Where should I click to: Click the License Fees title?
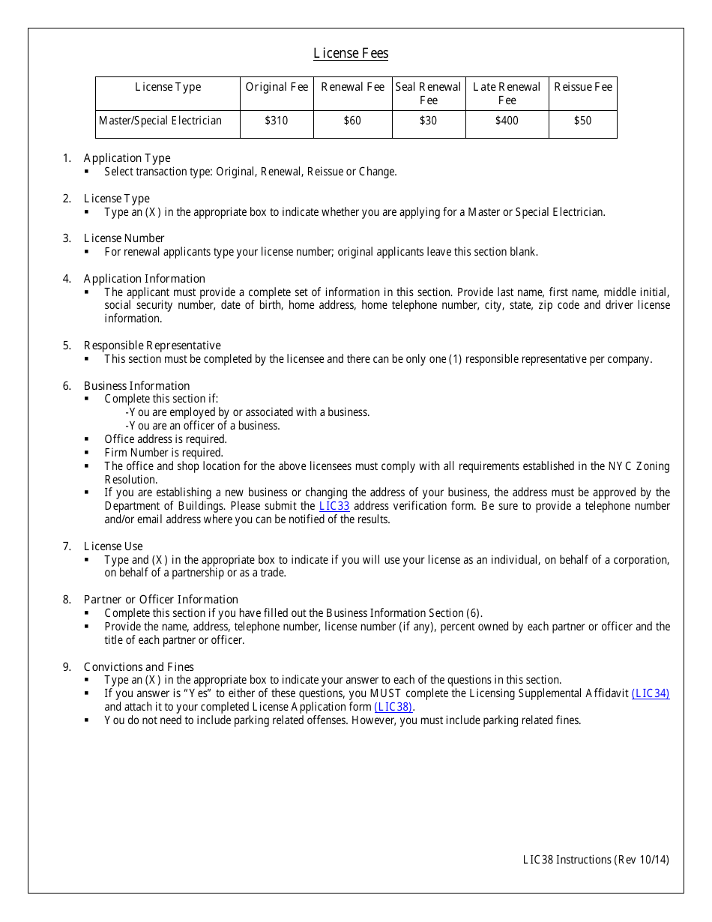[x=351, y=53]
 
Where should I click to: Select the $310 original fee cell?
[x=277, y=121]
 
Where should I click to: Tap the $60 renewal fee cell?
[x=352, y=121]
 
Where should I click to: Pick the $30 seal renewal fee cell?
[x=428, y=121]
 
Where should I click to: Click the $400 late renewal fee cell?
[x=507, y=121]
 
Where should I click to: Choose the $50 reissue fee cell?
[x=582, y=121]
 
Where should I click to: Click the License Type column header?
[x=168, y=87]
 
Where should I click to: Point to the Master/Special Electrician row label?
[x=160, y=121]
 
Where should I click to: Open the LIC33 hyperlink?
[x=334, y=506]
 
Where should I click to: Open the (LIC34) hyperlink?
[x=651, y=693]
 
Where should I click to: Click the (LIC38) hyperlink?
[x=393, y=707]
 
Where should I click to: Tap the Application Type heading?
[x=127, y=158]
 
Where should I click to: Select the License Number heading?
[x=124, y=238]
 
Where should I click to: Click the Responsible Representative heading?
[x=152, y=346]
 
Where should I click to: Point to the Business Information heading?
[x=136, y=386]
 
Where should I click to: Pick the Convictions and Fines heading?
[x=139, y=667]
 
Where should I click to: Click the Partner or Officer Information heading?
[x=160, y=600]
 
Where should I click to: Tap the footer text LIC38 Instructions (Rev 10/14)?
[x=596, y=860]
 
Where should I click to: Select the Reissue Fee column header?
[x=582, y=87]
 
